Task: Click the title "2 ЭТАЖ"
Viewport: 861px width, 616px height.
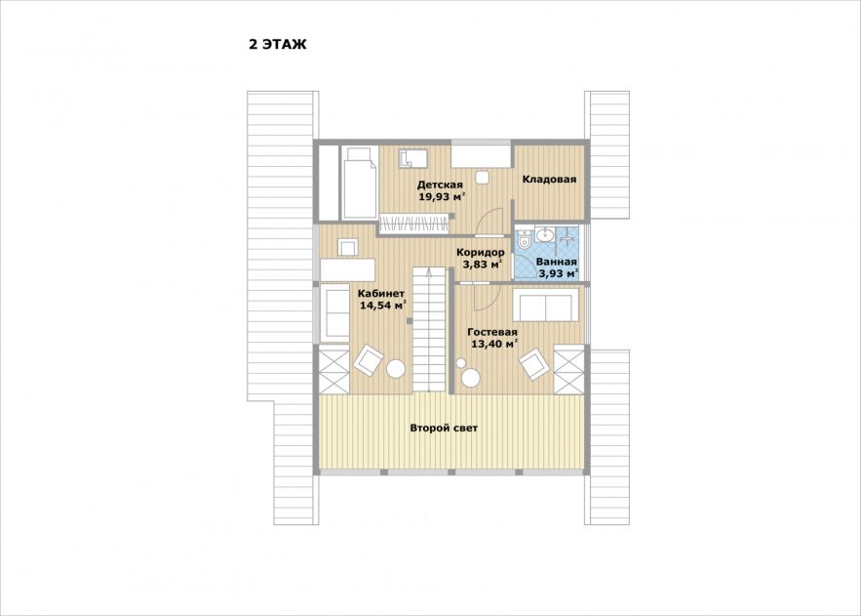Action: click(277, 45)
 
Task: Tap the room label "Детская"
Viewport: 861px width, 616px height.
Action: click(440, 185)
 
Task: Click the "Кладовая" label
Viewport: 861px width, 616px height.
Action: click(549, 180)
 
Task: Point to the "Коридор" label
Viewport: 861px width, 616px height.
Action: click(481, 253)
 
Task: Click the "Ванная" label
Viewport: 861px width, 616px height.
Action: click(556, 262)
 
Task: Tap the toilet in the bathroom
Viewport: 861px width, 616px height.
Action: click(524, 238)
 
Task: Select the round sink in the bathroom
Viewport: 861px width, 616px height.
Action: click(545, 234)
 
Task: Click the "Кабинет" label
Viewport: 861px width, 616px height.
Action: click(381, 294)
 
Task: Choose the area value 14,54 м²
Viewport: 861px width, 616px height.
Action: click(383, 306)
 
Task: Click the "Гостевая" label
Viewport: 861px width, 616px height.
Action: click(492, 333)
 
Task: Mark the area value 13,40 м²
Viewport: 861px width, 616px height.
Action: click(494, 345)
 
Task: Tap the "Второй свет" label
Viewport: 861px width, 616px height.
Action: click(444, 428)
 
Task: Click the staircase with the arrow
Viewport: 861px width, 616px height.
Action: click(428, 329)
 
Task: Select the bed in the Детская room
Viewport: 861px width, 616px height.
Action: click(360, 183)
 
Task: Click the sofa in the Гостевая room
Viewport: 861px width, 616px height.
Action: click(545, 304)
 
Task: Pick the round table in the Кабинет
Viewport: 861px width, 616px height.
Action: click(395, 368)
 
